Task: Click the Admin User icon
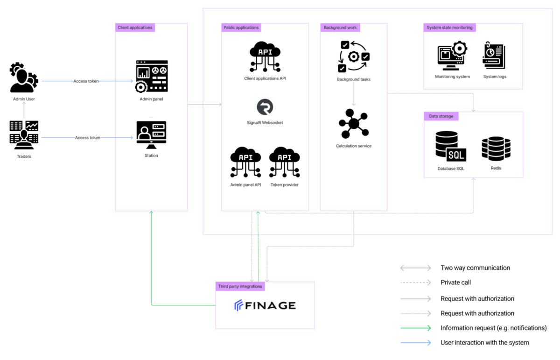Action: [24, 78]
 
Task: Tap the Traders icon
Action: [24, 135]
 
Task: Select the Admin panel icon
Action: [152, 76]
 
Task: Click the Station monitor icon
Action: [151, 135]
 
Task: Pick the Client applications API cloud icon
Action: [265, 56]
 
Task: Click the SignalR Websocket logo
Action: [265, 107]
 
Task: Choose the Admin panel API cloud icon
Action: [245, 162]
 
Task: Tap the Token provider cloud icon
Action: [285, 162]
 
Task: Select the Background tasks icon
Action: [354, 56]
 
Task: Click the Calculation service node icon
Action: [354, 124]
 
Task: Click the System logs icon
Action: [494, 55]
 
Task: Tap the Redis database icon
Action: [496, 148]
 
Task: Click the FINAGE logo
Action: [265, 305]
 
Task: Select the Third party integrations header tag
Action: [240, 286]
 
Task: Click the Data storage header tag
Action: [441, 116]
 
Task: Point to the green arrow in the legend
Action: [415, 328]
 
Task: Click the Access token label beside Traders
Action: [88, 138]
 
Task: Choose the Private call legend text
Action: [455, 282]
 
